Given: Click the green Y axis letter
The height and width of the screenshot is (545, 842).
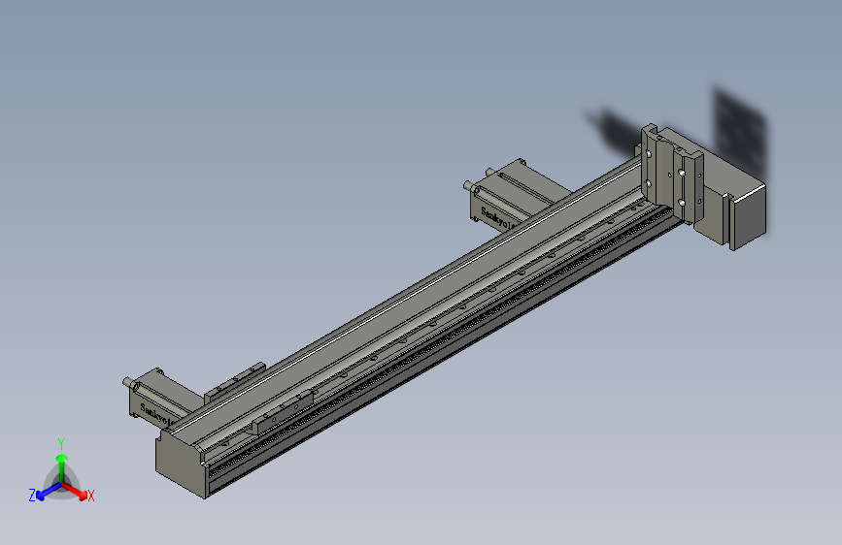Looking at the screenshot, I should pos(61,442).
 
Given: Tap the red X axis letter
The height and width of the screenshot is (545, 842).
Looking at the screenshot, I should pos(91,496).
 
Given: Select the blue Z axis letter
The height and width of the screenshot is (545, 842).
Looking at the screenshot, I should pos(32,496).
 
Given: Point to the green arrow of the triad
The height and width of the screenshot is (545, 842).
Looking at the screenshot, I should pos(61,461).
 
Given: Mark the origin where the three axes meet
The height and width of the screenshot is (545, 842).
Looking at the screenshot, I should pos(62,482).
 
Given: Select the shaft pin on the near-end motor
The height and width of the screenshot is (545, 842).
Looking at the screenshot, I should pos(127,383).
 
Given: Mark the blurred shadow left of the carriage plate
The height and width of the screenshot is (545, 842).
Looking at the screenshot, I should pos(612,130).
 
